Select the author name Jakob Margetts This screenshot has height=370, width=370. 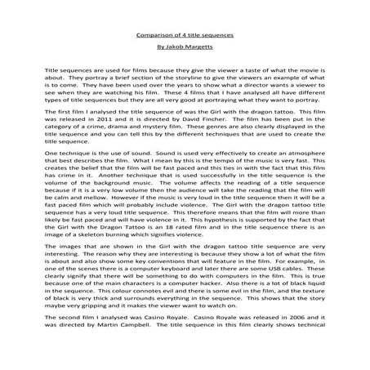click(x=185, y=50)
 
